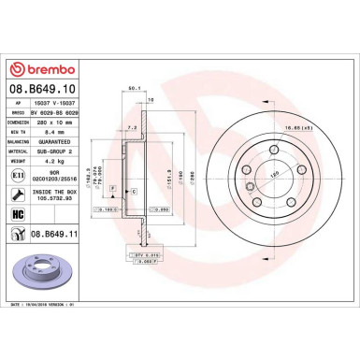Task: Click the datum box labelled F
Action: coord(113,189)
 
